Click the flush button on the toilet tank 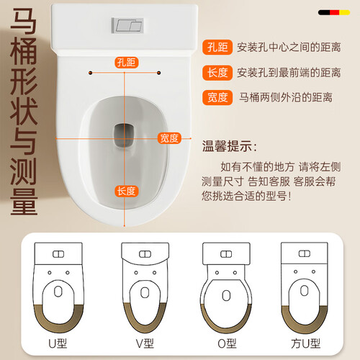pyautogui.click(x=127, y=25)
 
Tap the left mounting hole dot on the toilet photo pyautogui.click(x=91, y=73)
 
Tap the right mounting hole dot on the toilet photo pyautogui.click(x=158, y=73)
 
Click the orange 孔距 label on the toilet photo pyautogui.click(x=127, y=63)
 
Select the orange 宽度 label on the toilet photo pyautogui.click(x=169, y=138)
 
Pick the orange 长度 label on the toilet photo pyautogui.click(x=127, y=191)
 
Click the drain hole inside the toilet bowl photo pyautogui.click(x=125, y=135)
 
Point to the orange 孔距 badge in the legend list pyautogui.click(x=217, y=47)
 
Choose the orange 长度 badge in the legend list pyautogui.click(x=217, y=73)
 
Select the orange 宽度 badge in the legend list pyautogui.click(x=217, y=97)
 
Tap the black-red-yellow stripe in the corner pyautogui.click(x=334, y=12)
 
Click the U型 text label pyautogui.click(x=58, y=343)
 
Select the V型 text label pyautogui.click(x=145, y=343)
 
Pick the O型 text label pyautogui.click(x=227, y=343)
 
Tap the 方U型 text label pyautogui.click(x=305, y=343)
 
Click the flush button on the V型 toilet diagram pyautogui.click(x=145, y=254)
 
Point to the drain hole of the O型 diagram pyautogui.click(x=226, y=295)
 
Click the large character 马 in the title pyautogui.click(x=24, y=21)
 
